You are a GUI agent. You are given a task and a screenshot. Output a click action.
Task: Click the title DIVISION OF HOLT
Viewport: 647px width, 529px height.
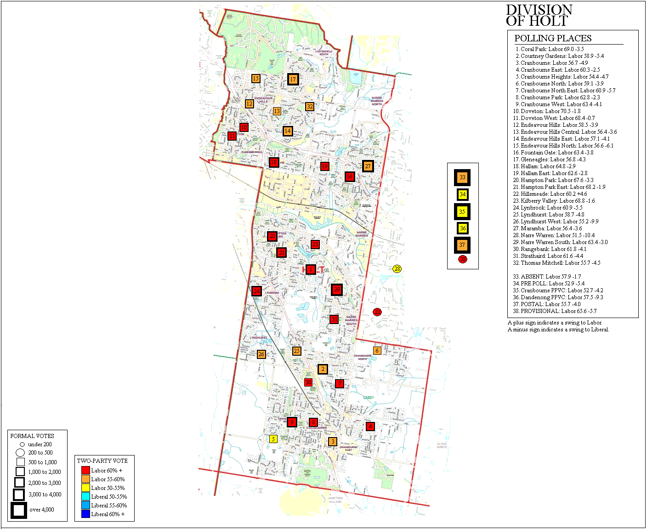click(x=539, y=16)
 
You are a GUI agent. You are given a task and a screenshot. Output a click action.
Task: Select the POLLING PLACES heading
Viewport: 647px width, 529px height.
click(x=553, y=38)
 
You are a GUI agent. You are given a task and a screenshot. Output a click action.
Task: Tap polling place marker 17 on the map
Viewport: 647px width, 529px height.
click(x=293, y=79)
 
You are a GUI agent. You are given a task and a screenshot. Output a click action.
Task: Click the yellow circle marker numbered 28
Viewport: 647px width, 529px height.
click(x=397, y=269)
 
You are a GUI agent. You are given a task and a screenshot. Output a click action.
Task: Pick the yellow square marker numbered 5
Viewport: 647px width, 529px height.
click(x=273, y=439)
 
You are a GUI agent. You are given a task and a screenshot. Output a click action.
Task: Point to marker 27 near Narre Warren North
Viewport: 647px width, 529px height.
click(x=368, y=166)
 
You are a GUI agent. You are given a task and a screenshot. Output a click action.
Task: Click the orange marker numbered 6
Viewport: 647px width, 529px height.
click(x=377, y=351)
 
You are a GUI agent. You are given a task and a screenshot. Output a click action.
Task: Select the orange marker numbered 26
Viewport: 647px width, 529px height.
click(x=261, y=354)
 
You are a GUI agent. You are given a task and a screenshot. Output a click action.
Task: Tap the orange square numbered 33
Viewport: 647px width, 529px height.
click(x=462, y=177)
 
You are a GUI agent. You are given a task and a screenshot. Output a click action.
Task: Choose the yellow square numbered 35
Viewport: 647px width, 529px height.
click(x=462, y=211)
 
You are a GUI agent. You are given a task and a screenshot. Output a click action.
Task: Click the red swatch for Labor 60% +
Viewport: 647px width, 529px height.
click(x=85, y=470)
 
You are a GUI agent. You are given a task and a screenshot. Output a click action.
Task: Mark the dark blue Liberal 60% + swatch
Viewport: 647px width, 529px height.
click(x=85, y=514)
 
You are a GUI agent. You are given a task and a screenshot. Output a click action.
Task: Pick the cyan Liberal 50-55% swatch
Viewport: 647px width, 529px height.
click(x=85, y=496)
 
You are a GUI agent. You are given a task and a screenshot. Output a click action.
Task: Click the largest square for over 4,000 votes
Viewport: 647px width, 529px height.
click(x=19, y=510)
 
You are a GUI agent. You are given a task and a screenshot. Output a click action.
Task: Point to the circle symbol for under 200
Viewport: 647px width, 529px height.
click(x=22, y=444)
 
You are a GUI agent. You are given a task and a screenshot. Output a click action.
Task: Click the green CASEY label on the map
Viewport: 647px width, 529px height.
click(x=369, y=398)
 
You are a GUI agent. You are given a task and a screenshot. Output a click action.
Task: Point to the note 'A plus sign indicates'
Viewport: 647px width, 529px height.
click(x=555, y=323)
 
